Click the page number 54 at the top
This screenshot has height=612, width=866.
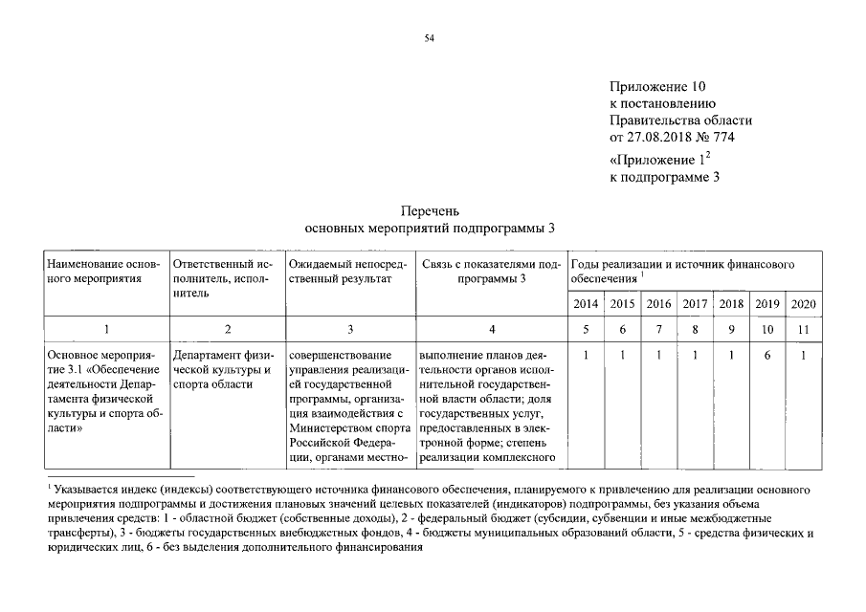[x=430, y=37]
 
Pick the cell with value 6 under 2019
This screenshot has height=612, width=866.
[x=767, y=355]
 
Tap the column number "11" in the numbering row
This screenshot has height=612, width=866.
[x=803, y=329]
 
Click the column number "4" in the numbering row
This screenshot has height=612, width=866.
[x=491, y=329]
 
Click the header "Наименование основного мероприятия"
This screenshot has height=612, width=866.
[x=103, y=270]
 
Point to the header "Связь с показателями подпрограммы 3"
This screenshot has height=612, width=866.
[x=491, y=270]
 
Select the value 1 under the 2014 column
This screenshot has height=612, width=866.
[x=587, y=355]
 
